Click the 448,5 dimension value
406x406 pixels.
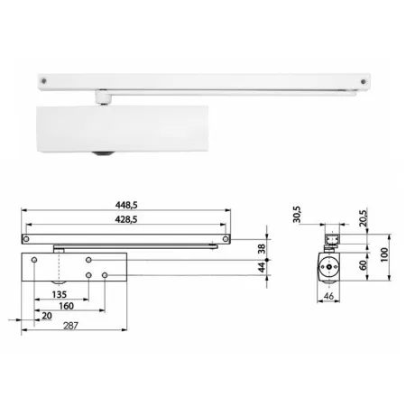click(126, 205)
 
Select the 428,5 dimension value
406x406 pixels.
click(126, 219)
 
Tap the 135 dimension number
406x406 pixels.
click(60, 294)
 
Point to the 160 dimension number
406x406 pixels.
click(66, 306)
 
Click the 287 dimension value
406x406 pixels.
click(70, 326)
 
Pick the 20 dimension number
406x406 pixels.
click(47, 316)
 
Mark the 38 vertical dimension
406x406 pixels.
click(262, 249)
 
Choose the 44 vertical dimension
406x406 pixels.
click(262, 267)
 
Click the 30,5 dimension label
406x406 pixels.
click(297, 214)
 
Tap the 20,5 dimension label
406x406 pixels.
click(364, 218)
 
